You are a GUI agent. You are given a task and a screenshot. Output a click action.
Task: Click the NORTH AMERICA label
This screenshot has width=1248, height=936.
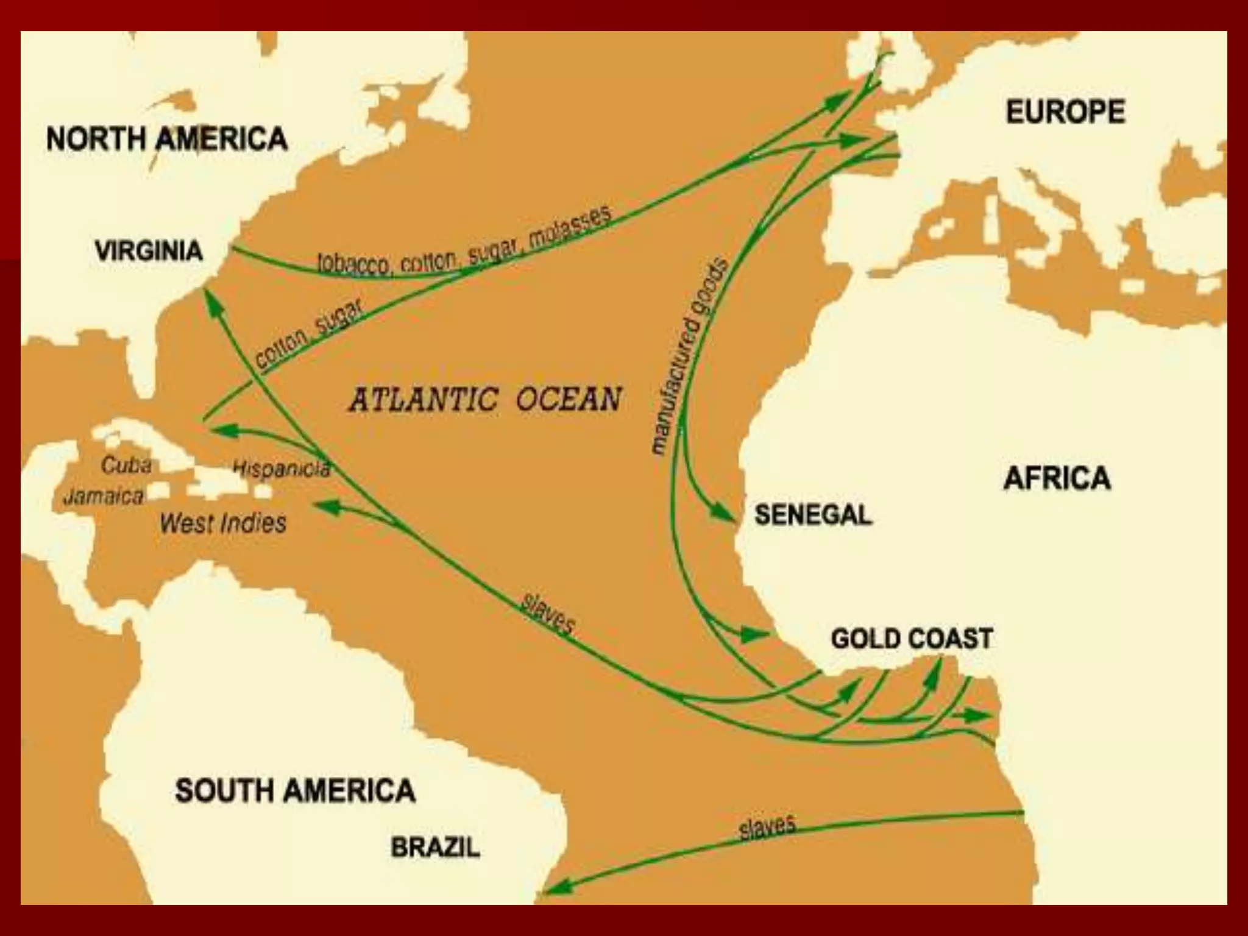tap(166, 138)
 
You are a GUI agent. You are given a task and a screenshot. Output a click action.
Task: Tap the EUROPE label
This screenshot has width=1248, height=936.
tap(1065, 112)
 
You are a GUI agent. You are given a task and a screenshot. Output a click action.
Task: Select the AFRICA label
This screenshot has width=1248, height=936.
tap(1057, 478)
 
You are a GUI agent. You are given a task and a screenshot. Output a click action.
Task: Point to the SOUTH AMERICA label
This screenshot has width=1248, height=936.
tap(295, 791)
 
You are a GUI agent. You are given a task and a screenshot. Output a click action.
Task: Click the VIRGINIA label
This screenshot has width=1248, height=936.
tap(149, 250)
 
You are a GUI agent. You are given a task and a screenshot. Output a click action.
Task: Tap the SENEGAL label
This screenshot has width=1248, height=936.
tap(813, 515)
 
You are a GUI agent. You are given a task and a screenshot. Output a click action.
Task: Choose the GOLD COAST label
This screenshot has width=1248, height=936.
tap(912, 639)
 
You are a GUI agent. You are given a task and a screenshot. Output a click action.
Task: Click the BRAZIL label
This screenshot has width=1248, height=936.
tap(435, 848)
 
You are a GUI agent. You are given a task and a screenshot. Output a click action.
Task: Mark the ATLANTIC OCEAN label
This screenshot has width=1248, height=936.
tap(485, 400)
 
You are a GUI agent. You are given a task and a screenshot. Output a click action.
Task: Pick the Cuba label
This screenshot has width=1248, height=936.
tap(126, 466)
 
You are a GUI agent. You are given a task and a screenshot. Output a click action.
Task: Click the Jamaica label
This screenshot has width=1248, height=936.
tap(104, 497)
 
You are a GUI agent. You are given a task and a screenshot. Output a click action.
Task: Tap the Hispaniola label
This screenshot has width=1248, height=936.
tap(282, 468)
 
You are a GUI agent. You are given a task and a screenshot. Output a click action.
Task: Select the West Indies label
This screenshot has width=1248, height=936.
tap(223, 523)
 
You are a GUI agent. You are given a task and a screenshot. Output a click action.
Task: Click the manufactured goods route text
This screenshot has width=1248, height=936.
tap(689, 356)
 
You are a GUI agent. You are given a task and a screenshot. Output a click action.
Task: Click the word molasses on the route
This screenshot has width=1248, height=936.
tap(569, 229)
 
